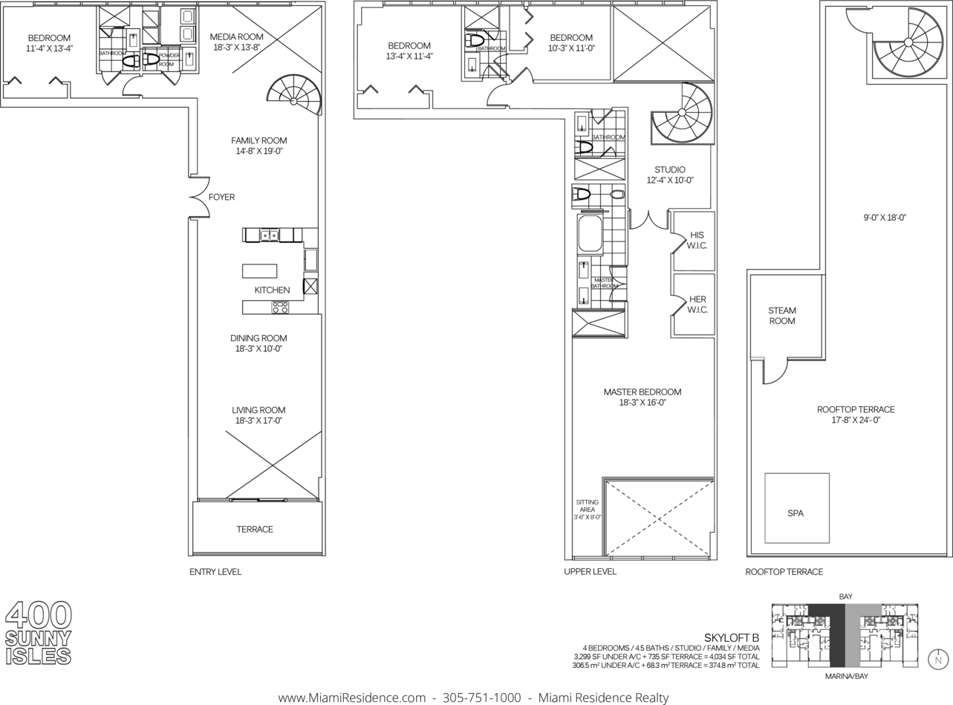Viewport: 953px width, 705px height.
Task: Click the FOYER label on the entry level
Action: click(221, 197)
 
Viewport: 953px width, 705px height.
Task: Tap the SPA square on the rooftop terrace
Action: click(796, 508)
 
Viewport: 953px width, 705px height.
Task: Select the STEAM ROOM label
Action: click(782, 316)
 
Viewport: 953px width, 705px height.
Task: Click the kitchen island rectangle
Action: click(259, 271)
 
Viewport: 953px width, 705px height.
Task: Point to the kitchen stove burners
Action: click(280, 307)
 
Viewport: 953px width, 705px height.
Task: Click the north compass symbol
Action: click(938, 660)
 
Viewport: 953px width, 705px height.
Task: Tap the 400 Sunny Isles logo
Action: click(39, 632)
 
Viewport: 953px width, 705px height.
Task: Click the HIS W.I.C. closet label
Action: click(697, 240)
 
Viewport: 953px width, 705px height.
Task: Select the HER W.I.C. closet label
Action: click(697, 305)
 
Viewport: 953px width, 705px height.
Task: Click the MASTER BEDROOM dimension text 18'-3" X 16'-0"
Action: click(643, 403)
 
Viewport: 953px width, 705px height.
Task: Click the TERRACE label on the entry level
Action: click(255, 529)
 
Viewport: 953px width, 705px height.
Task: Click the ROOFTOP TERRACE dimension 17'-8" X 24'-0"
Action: click(856, 420)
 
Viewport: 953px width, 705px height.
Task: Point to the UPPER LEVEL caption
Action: click(590, 571)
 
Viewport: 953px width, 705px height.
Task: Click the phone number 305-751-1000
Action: click(481, 698)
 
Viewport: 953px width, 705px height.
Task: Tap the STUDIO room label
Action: click(670, 169)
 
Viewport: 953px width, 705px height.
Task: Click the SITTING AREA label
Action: click(588, 506)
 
